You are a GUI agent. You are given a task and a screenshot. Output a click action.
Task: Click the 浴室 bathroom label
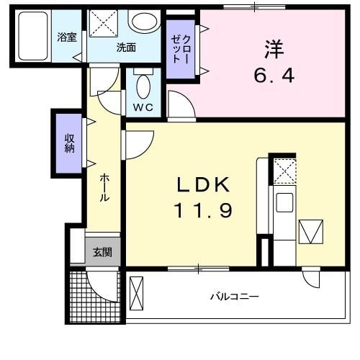(67, 37)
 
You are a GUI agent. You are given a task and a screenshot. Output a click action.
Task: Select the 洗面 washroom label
(126, 48)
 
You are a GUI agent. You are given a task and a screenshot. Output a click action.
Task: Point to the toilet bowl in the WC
(143, 87)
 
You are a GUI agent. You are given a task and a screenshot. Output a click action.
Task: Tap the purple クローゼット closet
(181, 50)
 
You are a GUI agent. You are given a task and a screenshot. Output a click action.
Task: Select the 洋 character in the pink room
(274, 50)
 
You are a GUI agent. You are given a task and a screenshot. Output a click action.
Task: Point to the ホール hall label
(105, 185)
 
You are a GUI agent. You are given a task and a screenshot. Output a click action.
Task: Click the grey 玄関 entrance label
(102, 252)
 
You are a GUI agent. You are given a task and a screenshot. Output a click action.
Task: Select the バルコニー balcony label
(234, 296)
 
